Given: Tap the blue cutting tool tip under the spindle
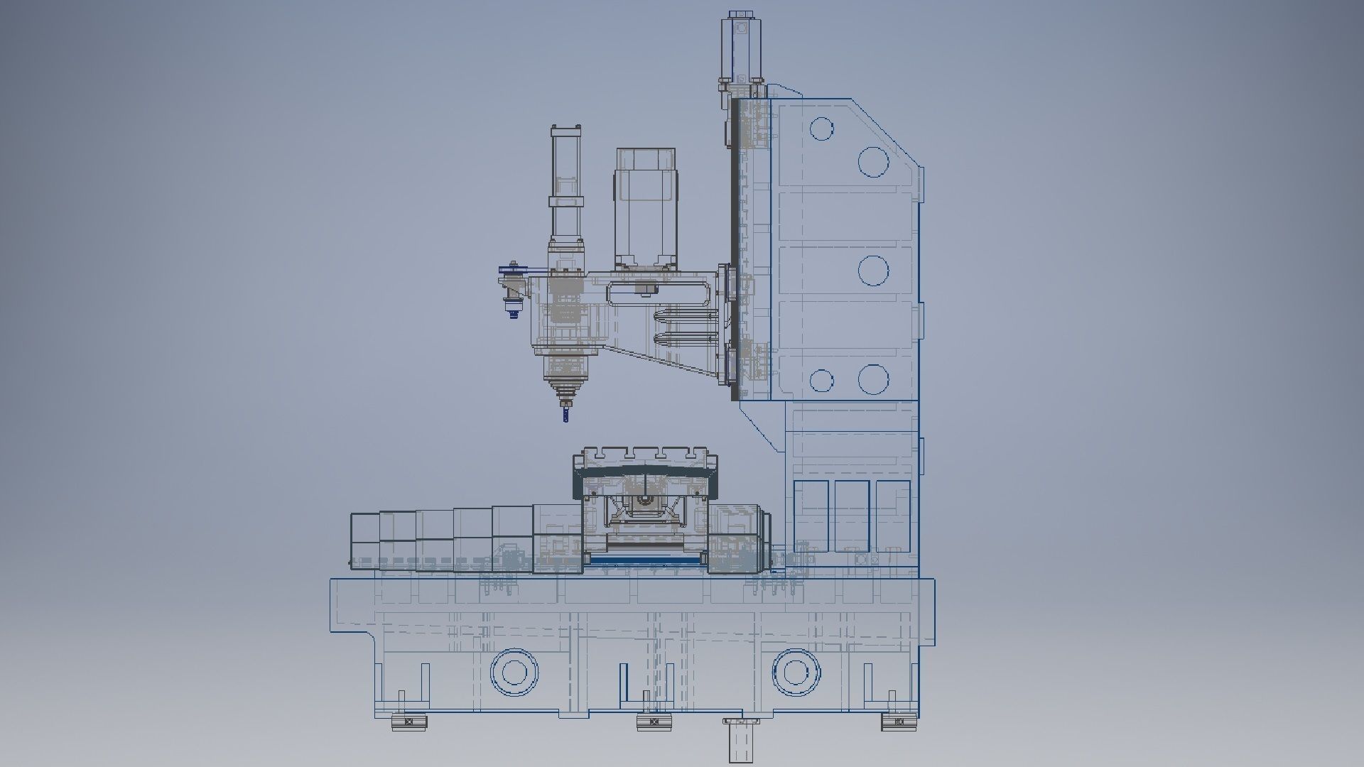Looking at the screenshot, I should pyautogui.click(x=565, y=413).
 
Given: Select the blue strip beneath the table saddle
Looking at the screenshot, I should pyautogui.click(x=646, y=560).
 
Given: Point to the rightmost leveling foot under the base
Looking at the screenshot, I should pyautogui.click(x=899, y=722).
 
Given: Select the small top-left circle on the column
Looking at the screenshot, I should pyautogui.click(x=821, y=129).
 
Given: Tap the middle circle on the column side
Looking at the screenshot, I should pyautogui.click(x=873, y=271).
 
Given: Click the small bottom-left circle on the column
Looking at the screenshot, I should pyautogui.click(x=821, y=381).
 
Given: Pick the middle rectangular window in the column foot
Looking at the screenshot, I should pyautogui.click(x=852, y=516).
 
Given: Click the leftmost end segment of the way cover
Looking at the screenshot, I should pyautogui.click(x=364, y=540).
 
